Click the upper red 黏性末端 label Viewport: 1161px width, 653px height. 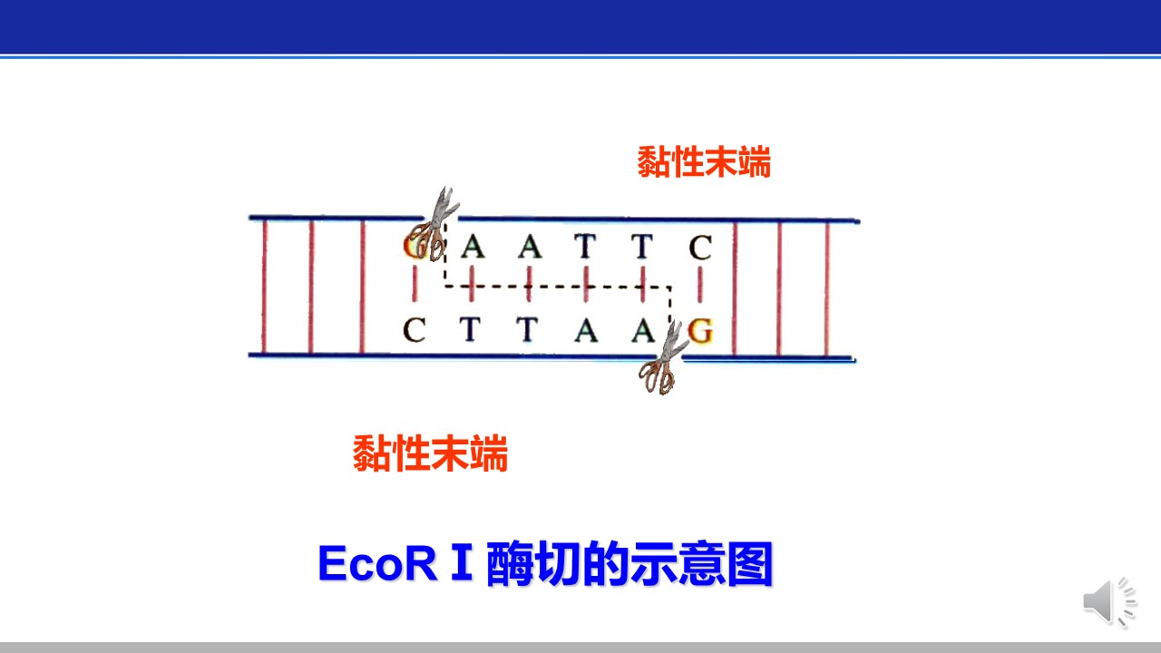[704, 161]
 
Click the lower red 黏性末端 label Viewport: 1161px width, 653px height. [430, 453]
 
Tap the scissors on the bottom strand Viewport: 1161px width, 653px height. [663, 358]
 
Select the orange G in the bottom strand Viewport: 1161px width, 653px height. [701, 331]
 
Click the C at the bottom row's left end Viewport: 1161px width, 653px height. [415, 329]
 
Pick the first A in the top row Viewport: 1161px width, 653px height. [473, 246]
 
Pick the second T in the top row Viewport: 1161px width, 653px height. [642, 246]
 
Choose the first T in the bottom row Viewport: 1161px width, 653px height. [470, 329]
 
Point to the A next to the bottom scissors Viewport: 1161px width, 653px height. [643, 330]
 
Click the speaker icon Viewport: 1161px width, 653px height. [1110, 602]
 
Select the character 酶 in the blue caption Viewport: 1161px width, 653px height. [510, 564]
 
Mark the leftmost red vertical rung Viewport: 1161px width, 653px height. [264, 287]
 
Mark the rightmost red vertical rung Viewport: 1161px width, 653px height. [826, 289]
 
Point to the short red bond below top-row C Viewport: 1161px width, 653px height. [700, 285]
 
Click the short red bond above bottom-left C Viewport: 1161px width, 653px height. [415, 284]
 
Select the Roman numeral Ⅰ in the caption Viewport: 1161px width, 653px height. [462, 562]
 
